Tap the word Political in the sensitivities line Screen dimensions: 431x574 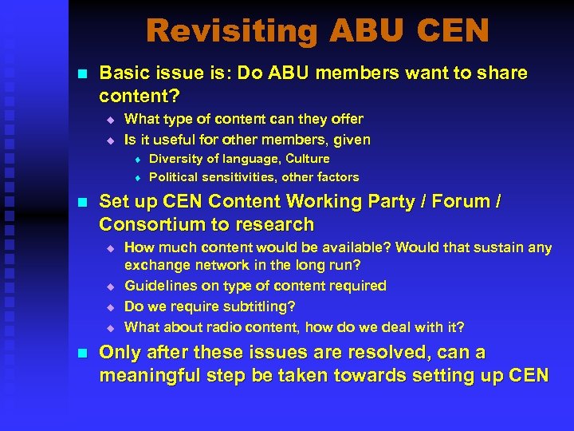175,177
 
